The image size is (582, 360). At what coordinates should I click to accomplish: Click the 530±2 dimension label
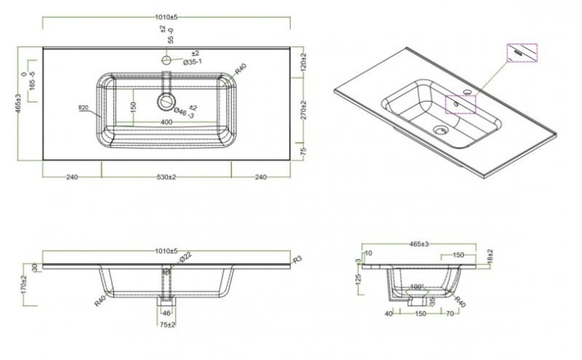(x=166, y=177)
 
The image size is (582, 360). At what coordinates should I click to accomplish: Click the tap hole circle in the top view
(x=167, y=60)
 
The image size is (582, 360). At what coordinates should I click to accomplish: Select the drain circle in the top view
(x=167, y=102)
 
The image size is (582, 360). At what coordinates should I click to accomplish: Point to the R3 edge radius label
(x=298, y=260)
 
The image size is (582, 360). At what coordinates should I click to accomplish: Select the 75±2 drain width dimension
(x=167, y=325)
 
